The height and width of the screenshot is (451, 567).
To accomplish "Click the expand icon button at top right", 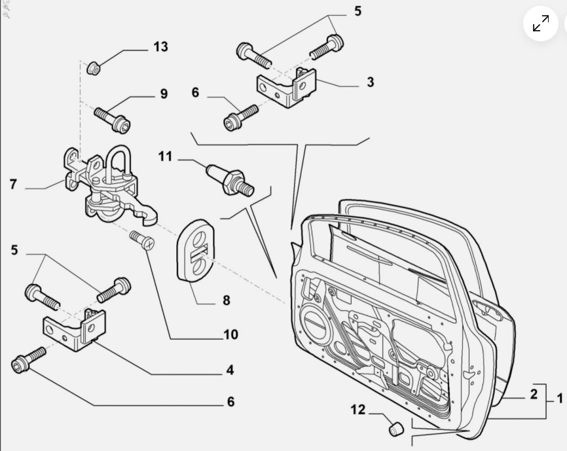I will [x=541, y=24].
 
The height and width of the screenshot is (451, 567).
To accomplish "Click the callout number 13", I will [x=161, y=47].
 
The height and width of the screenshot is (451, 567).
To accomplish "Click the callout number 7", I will [x=13, y=184].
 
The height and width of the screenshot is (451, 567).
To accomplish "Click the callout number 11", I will [x=164, y=156].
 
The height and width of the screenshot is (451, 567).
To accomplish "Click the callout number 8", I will [x=226, y=300].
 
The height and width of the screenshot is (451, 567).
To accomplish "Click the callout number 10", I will [x=230, y=335].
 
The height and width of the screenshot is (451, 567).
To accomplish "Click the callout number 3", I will [x=370, y=82].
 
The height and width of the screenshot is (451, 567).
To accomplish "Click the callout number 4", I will [x=230, y=370].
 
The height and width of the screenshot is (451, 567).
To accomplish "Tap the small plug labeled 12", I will [x=395, y=429].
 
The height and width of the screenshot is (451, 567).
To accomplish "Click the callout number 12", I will [x=357, y=410].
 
